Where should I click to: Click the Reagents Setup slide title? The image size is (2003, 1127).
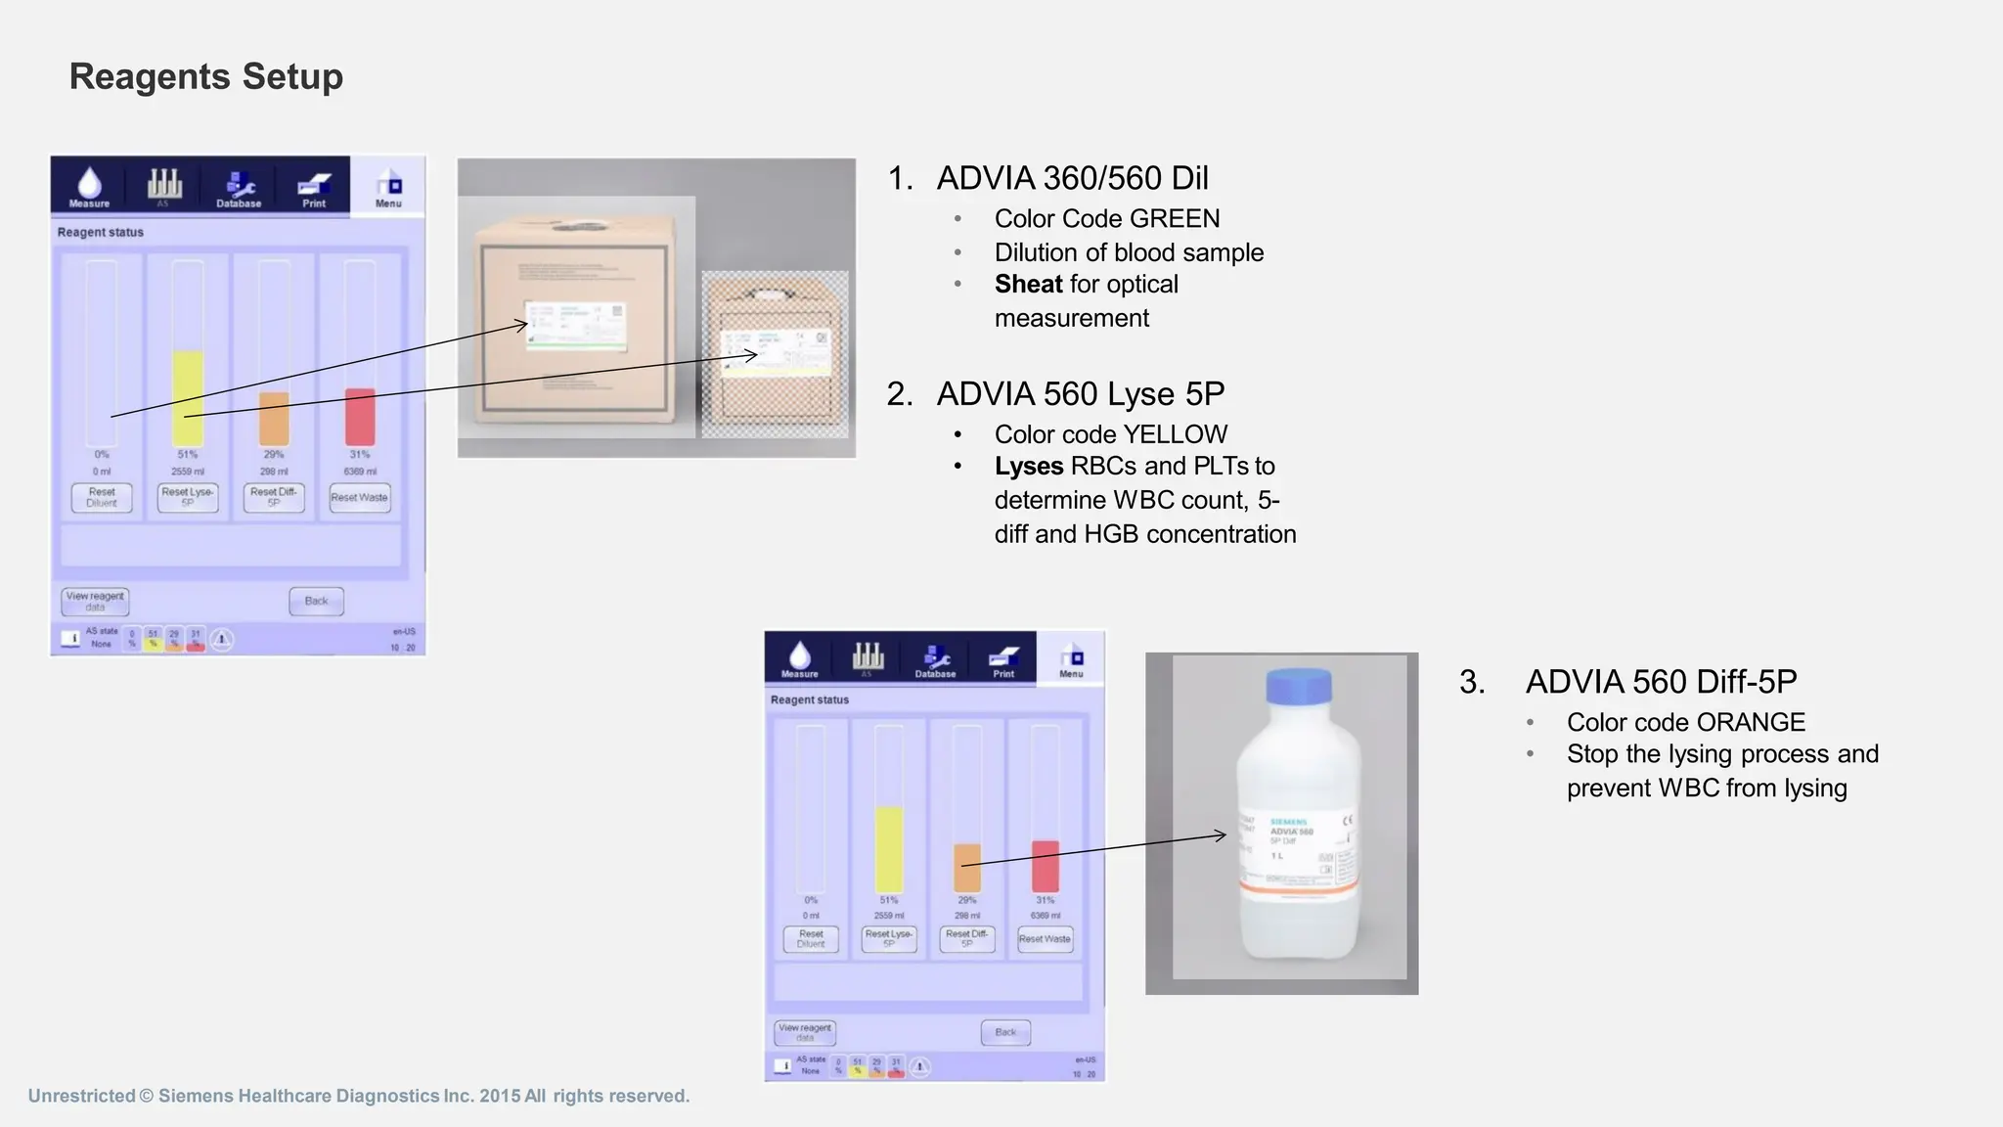pyautogui.click(x=205, y=76)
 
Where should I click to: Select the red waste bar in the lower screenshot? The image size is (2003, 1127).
pyautogui.click(x=1046, y=866)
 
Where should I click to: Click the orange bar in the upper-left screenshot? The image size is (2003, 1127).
pyautogui.click(x=274, y=419)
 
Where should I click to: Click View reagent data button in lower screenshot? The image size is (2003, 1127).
pyautogui.click(x=805, y=1032)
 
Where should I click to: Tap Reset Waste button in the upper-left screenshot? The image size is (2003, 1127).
pyautogui.click(x=359, y=497)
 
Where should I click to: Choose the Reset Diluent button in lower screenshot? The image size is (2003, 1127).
pyautogui.click(x=811, y=939)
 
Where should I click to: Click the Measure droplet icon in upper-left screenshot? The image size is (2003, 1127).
pyautogui.click(x=89, y=185)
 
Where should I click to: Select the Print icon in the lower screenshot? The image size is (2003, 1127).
pyautogui.click(x=1003, y=658)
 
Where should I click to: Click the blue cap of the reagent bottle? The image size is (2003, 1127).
pyautogui.click(x=1299, y=685)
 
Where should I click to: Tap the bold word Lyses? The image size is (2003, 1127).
pyautogui.click(x=1028, y=466)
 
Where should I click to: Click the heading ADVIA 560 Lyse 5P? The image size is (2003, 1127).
pyautogui.click(x=1080, y=393)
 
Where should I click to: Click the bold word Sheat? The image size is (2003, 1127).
pyautogui.click(x=1028, y=284)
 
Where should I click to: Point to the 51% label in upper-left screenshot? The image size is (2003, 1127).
pyautogui.click(x=188, y=454)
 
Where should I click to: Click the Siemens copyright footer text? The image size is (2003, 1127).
pyautogui.click(x=359, y=1096)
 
